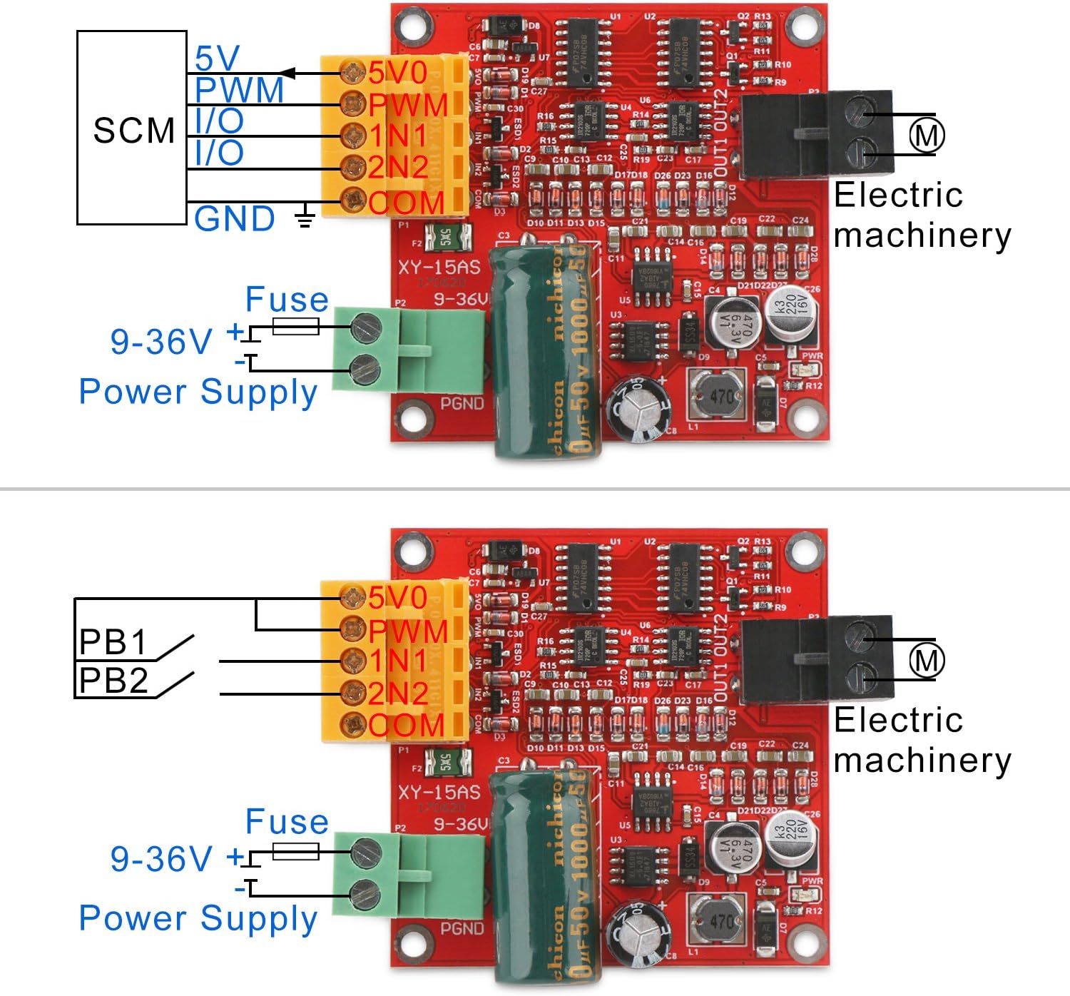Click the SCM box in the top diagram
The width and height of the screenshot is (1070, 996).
click(x=132, y=128)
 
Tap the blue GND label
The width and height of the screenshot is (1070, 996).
click(x=234, y=219)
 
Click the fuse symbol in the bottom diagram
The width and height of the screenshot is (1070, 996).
click(x=295, y=851)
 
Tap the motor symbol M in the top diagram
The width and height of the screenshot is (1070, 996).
click(x=926, y=135)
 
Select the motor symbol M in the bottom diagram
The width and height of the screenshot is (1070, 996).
click(x=926, y=660)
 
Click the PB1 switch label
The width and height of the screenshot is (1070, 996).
click(x=113, y=642)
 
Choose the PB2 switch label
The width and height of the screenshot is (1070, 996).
click(x=113, y=681)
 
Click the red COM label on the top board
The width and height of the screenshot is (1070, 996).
click(x=407, y=203)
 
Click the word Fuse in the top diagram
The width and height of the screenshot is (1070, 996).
click(x=287, y=300)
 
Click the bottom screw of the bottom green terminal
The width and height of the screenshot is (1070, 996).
click(x=365, y=893)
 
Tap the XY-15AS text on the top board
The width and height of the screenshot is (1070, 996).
click(x=439, y=268)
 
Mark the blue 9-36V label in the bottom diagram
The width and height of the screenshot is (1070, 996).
click(x=161, y=858)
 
